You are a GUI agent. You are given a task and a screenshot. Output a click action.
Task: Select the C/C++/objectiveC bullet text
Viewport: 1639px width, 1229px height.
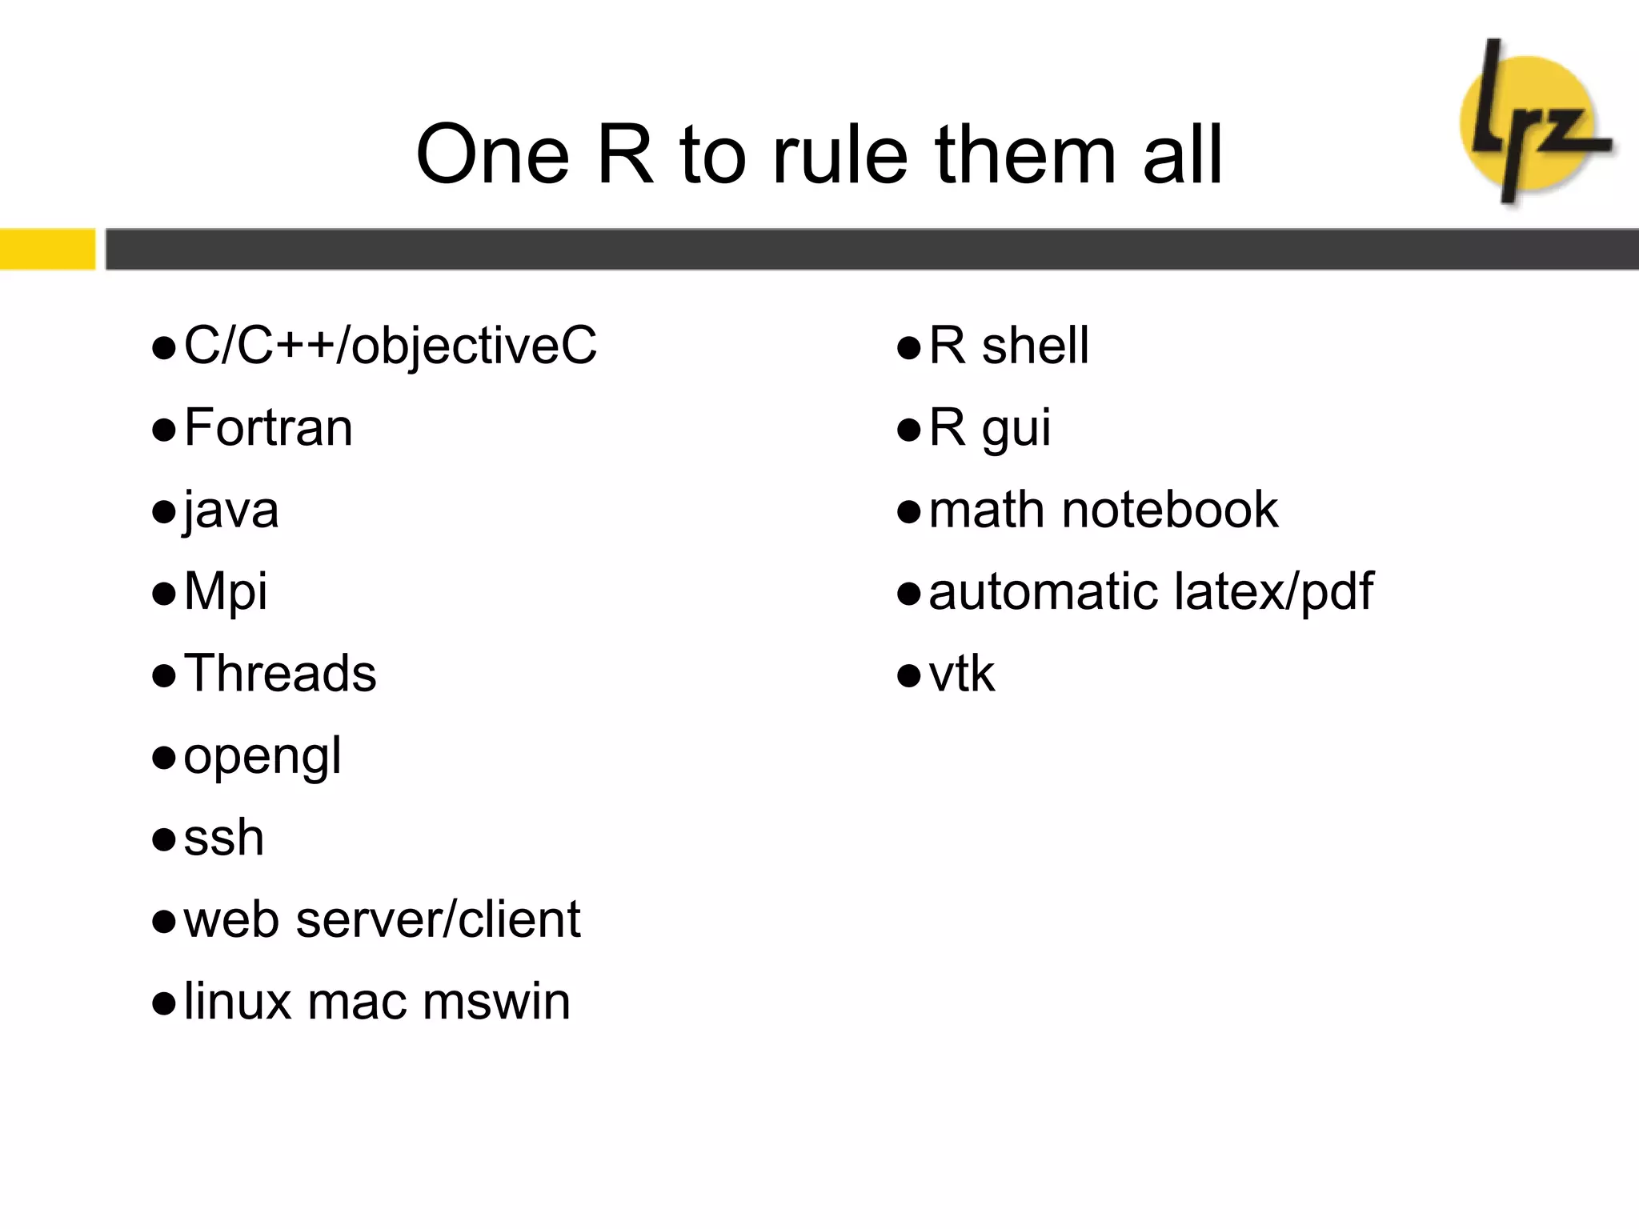tap(390, 346)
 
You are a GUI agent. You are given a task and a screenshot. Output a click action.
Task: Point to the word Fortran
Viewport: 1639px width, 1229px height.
tap(268, 428)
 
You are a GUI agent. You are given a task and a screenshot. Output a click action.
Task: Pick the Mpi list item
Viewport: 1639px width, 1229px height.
tap(226, 593)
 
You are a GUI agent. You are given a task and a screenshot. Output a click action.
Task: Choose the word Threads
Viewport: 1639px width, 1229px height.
tap(280, 674)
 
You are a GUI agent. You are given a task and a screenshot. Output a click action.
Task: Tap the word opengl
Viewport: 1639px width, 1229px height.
tap(262, 757)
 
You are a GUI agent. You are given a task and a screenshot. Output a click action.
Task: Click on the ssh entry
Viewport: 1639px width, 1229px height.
tap(223, 839)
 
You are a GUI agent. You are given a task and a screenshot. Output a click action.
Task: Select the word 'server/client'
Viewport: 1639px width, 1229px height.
tap(438, 920)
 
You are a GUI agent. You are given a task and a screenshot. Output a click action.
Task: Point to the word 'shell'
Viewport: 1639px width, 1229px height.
tap(1035, 346)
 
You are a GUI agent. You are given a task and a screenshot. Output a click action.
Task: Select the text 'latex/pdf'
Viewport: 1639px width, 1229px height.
tap(1273, 593)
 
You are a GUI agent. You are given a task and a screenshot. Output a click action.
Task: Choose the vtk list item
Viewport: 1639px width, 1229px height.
tap(961, 675)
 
